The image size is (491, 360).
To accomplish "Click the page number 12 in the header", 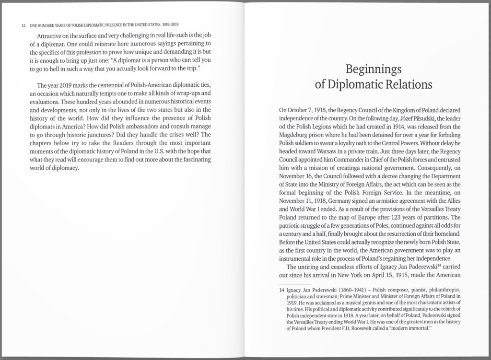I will coord(17,25).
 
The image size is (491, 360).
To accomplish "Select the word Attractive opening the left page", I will coord(52,36).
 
